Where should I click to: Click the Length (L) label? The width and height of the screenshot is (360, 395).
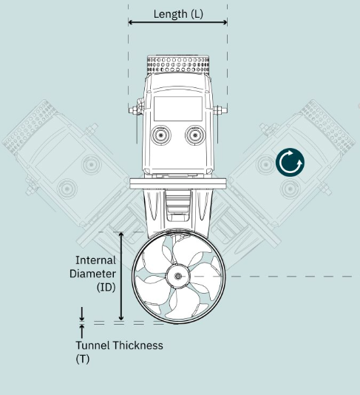point(178,14)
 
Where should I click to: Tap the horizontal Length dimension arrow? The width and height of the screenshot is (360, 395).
point(177,22)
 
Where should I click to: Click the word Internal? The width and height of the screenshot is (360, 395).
point(95,260)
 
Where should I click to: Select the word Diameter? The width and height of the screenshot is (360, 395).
point(92,274)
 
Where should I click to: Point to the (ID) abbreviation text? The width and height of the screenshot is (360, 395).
point(106,287)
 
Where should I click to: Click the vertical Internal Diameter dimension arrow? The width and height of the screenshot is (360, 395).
point(121,276)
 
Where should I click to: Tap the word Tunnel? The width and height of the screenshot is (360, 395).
point(93,345)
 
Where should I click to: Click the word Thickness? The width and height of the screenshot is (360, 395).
point(137,345)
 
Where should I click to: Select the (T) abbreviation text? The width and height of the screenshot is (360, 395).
point(83,359)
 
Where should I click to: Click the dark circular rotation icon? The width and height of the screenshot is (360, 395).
point(290,162)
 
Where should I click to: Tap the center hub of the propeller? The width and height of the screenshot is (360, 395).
point(177,277)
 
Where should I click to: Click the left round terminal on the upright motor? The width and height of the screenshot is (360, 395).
point(160,135)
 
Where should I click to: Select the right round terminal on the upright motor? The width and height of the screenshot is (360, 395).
point(195,135)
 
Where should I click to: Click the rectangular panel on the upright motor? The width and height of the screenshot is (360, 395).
point(178,109)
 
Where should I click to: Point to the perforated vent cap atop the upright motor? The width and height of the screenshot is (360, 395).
point(178,64)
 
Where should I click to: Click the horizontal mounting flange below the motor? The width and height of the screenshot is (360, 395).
point(178,183)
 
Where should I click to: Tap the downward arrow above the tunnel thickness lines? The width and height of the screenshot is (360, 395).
point(82,314)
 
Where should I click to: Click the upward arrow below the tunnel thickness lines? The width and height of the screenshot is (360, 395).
point(82,331)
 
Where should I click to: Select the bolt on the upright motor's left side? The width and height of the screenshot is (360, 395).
point(134,110)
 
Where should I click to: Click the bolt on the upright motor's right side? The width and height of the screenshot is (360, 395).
point(221,110)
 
